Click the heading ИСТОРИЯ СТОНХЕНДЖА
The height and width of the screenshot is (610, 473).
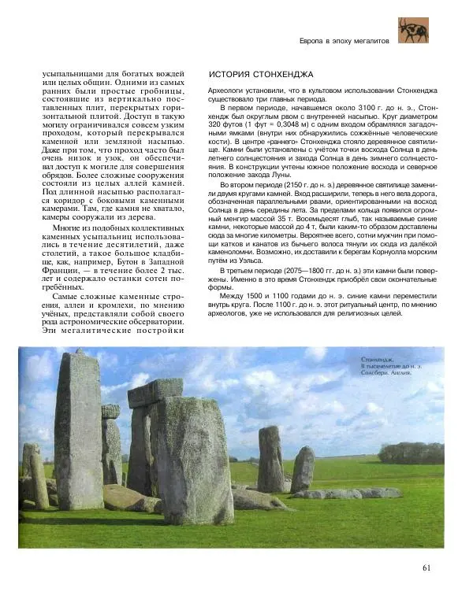[260, 75]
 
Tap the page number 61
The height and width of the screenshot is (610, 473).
[426, 568]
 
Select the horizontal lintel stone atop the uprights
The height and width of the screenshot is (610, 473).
[155, 391]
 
